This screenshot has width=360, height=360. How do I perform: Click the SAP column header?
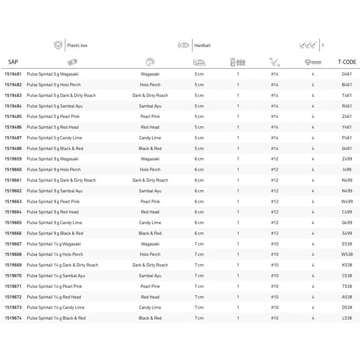pyautogui.click(x=13, y=62)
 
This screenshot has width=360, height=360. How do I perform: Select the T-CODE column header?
pyautogui.click(x=347, y=62)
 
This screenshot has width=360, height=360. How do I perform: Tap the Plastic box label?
pyautogui.click(x=77, y=45)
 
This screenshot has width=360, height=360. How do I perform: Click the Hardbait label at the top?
pyautogui.click(x=202, y=45)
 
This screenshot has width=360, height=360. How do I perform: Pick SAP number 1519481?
pyautogui.click(x=13, y=74)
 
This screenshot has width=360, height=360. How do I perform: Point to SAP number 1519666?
pyautogui.click(x=13, y=233)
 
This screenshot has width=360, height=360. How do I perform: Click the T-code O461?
pyautogui.click(x=347, y=74)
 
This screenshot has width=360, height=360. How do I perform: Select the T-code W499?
pyautogui.click(x=347, y=202)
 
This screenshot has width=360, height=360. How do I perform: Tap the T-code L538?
pyautogui.click(x=347, y=318)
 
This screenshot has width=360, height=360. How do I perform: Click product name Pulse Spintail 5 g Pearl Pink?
pyautogui.click(x=53, y=117)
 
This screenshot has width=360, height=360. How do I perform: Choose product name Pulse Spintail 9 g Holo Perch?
pyautogui.click(x=54, y=170)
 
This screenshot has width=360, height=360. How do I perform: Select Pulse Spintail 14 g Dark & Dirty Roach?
pyautogui.click(x=62, y=265)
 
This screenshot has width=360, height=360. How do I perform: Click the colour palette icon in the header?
pyautogui.click(x=150, y=62)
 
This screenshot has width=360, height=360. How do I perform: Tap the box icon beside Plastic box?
pyautogui.click(x=58, y=45)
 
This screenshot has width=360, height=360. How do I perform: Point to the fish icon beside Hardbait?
pyautogui.click(x=183, y=45)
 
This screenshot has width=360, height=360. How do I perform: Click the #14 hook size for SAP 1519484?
pyautogui.click(x=275, y=106)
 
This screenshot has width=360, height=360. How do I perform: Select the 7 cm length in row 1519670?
pyautogui.click(x=199, y=276)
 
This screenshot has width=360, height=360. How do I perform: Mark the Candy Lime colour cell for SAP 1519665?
pyautogui.click(x=150, y=223)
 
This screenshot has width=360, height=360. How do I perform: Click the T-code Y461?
pyautogui.click(x=347, y=127)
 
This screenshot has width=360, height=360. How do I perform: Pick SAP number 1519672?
pyautogui.click(x=13, y=297)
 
